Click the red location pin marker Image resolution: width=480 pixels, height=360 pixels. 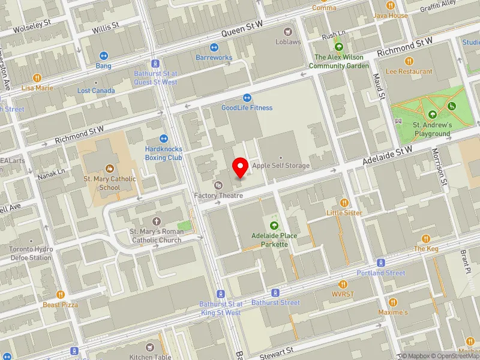[241, 167]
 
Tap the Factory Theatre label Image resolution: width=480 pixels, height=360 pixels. [218, 196]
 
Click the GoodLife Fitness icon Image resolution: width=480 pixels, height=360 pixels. [247, 98]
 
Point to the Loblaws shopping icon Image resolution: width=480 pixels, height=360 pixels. [288, 32]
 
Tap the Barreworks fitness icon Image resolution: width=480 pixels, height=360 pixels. [214, 47]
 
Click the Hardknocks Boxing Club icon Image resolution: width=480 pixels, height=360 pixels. [163, 139]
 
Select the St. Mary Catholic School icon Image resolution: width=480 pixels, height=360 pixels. [110, 169]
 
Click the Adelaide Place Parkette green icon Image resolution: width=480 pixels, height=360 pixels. [274, 226]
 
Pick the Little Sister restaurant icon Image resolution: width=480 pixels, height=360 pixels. [344, 203]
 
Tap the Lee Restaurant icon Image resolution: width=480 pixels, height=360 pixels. [409, 61]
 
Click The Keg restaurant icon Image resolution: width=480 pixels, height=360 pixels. [426, 238]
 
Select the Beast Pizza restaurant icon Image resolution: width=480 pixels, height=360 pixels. [60, 295]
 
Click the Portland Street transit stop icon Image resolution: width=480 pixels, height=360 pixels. [380, 263]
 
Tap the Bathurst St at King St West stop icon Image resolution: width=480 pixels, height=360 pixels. [220, 294]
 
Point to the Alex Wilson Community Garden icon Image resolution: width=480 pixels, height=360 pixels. [339, 47]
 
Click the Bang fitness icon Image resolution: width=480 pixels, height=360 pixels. [103, 55]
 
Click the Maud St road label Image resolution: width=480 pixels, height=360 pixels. [378, 87]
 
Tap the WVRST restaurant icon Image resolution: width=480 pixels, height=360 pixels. [344, 284]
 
